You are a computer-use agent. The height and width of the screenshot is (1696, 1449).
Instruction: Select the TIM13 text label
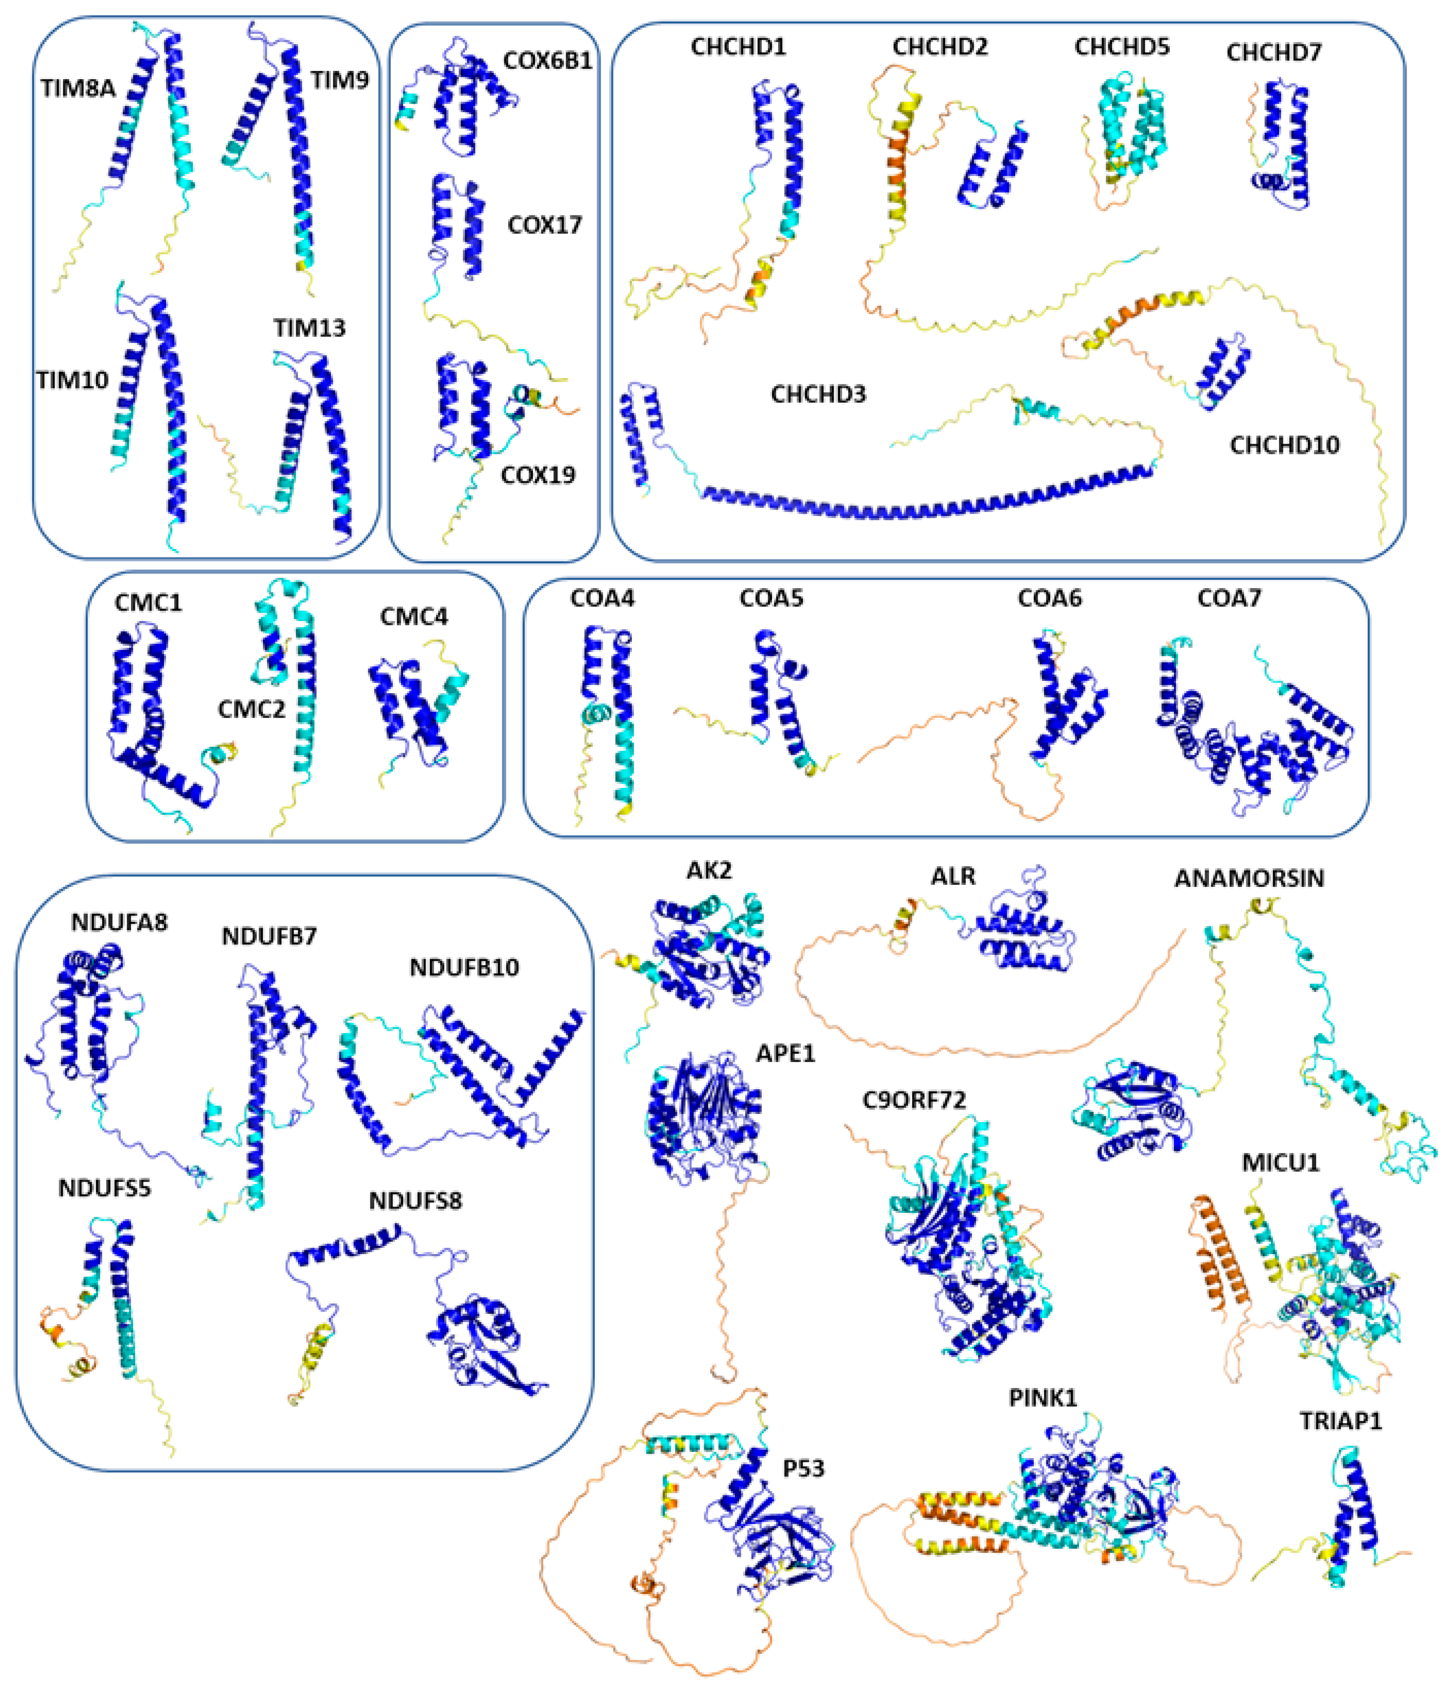309,328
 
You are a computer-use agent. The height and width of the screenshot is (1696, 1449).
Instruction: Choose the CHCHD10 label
1284,445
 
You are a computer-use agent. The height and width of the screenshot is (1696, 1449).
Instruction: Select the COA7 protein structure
1253,729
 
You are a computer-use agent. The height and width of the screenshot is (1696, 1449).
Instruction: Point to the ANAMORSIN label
1248,878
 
